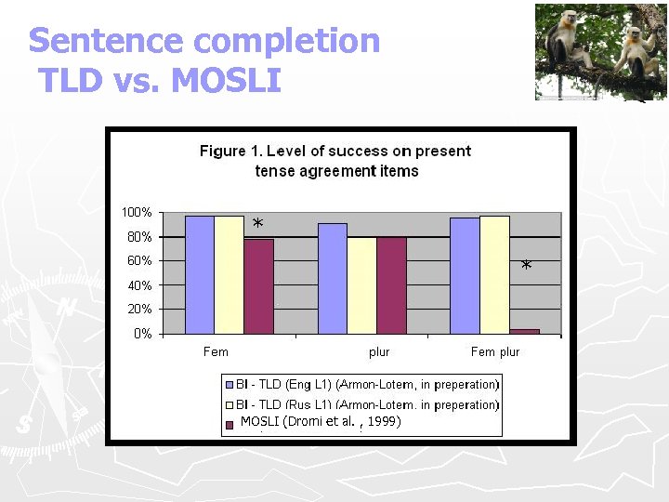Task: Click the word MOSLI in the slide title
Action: tap(227, 81)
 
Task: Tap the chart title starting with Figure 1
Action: tap(335, 160)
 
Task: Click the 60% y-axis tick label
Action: tap(139, 261)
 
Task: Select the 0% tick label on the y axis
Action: tap(142, 334)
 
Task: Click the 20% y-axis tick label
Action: tap(139, 310)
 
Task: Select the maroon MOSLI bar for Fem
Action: tap(258, 285)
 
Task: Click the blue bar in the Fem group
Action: tap(200, 274)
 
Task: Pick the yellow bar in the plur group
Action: tap(361, 284)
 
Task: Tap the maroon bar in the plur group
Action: tap(391, 284)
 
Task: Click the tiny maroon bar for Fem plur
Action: tap(524, 331)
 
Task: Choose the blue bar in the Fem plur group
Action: tap(465, 275)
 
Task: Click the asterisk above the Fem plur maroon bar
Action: tap(526, 267)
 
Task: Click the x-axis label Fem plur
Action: tap(495, 352)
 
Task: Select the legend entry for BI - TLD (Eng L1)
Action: tap(361, 384)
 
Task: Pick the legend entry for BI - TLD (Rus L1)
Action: tap(361, 404)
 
